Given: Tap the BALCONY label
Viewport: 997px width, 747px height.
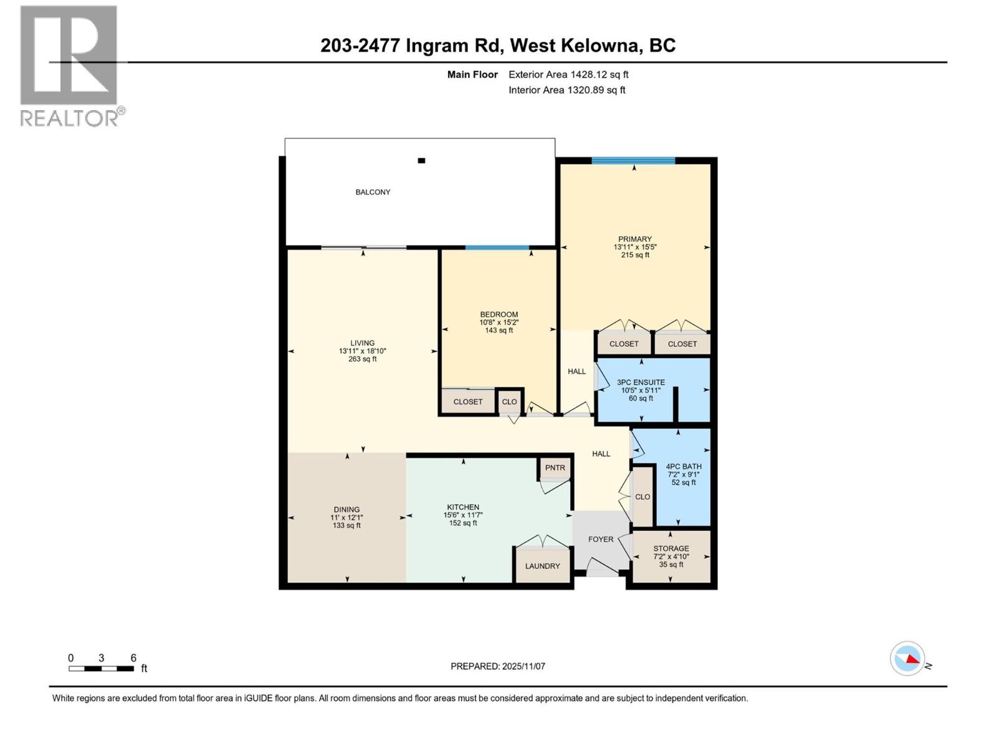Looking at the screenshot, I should point(373,192).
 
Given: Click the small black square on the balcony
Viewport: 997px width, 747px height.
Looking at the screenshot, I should point(421,161).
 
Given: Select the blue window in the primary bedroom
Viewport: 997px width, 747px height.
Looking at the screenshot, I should point(633,161).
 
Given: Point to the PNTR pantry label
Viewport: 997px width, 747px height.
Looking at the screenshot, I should point(555,468).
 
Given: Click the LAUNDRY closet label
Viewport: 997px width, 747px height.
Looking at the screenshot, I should point(542,566).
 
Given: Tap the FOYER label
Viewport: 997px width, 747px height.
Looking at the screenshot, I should point(601,540).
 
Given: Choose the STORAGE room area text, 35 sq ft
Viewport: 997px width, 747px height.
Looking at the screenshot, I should point(671,565).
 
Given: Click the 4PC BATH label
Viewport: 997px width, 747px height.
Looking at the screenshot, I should point(684,466).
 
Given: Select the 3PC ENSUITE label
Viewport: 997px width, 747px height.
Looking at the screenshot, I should point(641,383).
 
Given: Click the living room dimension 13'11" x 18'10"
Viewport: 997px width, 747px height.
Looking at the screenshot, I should point(362,351).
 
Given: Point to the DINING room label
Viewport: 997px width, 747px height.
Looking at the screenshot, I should point(346,510).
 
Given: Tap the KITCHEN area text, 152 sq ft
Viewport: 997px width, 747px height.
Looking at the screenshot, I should point(463,524).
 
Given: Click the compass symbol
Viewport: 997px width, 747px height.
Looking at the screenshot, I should point(907,658).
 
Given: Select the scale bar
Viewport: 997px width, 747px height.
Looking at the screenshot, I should point(101,669).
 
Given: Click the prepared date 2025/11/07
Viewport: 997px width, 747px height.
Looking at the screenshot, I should point(523,667).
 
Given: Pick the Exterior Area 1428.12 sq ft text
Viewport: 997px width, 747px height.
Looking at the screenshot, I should point(568,75).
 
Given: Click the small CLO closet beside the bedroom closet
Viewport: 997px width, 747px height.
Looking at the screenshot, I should point(509,402).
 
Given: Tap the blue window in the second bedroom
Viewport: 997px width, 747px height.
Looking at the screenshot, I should point(497,248).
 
